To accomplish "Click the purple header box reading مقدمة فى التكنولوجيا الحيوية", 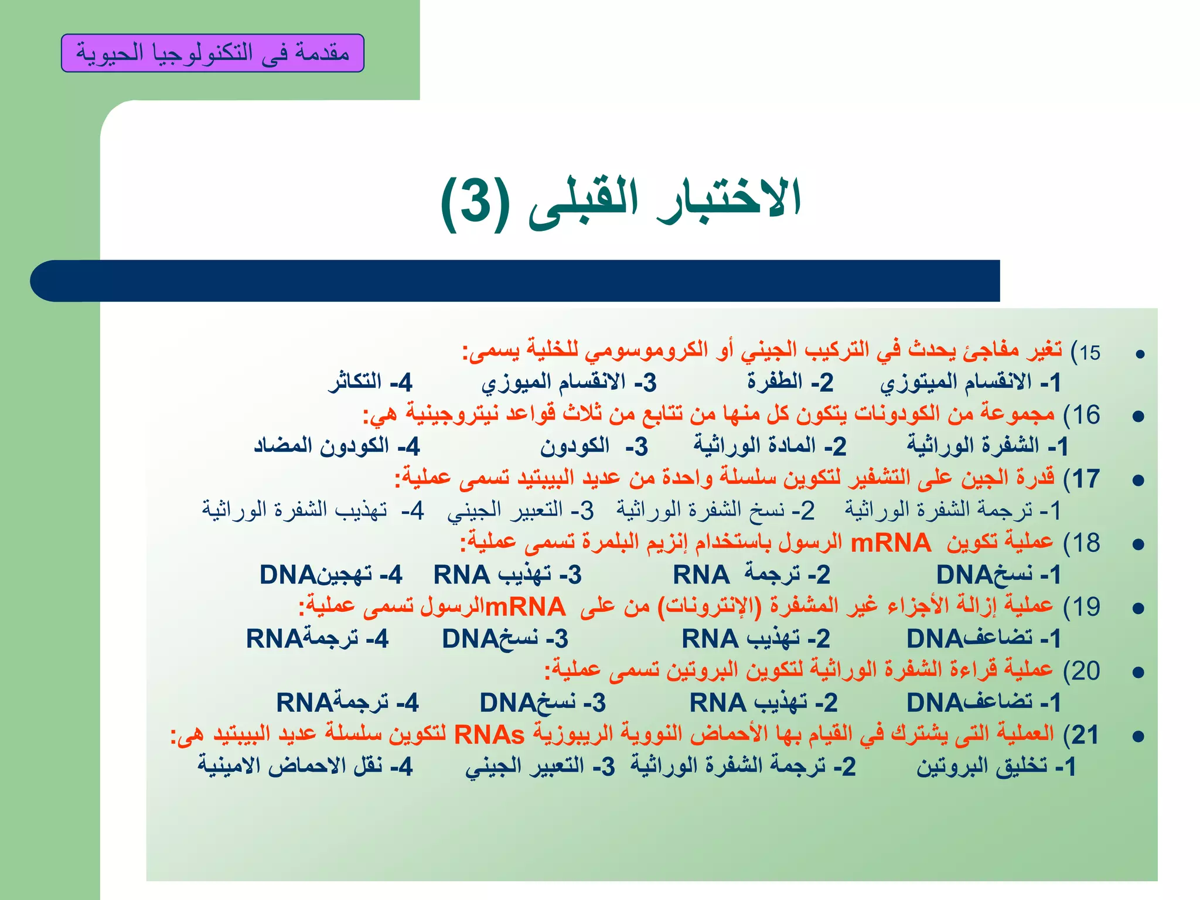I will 213,53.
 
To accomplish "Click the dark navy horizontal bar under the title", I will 516,281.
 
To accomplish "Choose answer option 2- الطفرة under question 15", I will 790,382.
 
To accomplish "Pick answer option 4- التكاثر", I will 370,382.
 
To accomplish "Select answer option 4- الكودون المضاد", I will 337,446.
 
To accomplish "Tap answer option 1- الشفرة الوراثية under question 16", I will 988,446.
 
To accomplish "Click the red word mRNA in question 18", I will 890,543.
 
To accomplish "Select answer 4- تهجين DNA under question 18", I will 331,575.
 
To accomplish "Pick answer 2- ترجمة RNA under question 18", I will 752,575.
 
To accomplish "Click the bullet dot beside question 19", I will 1138,608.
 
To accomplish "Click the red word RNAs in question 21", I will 489,734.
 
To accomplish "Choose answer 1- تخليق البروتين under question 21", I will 996,766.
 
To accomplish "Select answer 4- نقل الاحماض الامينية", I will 305,766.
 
